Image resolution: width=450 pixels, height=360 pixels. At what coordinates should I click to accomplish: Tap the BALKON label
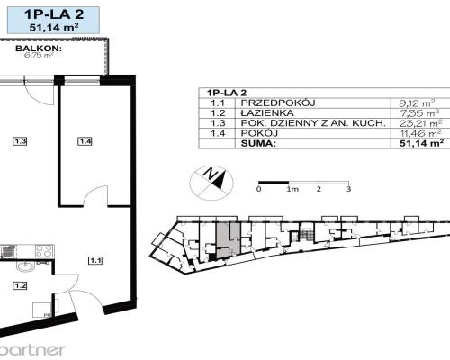[x=19, y=51]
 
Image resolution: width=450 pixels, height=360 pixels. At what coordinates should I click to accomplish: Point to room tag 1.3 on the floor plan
[x=19, y=139]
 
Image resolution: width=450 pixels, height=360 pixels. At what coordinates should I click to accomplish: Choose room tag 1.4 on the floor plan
[x=85, y=139]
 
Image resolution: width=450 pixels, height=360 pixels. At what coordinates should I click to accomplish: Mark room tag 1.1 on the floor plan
[x=95, y=261]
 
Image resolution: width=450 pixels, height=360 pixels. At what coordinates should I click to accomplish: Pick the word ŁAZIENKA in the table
[x=262, y=114]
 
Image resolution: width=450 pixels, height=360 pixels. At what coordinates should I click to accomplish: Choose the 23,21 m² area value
[x=423, y=124]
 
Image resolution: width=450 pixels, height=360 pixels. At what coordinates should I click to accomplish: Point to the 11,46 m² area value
[x=423, y=133]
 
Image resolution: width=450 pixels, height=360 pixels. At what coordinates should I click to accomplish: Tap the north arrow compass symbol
[x=211, y=179]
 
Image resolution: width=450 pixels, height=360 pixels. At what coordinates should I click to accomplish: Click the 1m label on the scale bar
[x=292, y=189]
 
